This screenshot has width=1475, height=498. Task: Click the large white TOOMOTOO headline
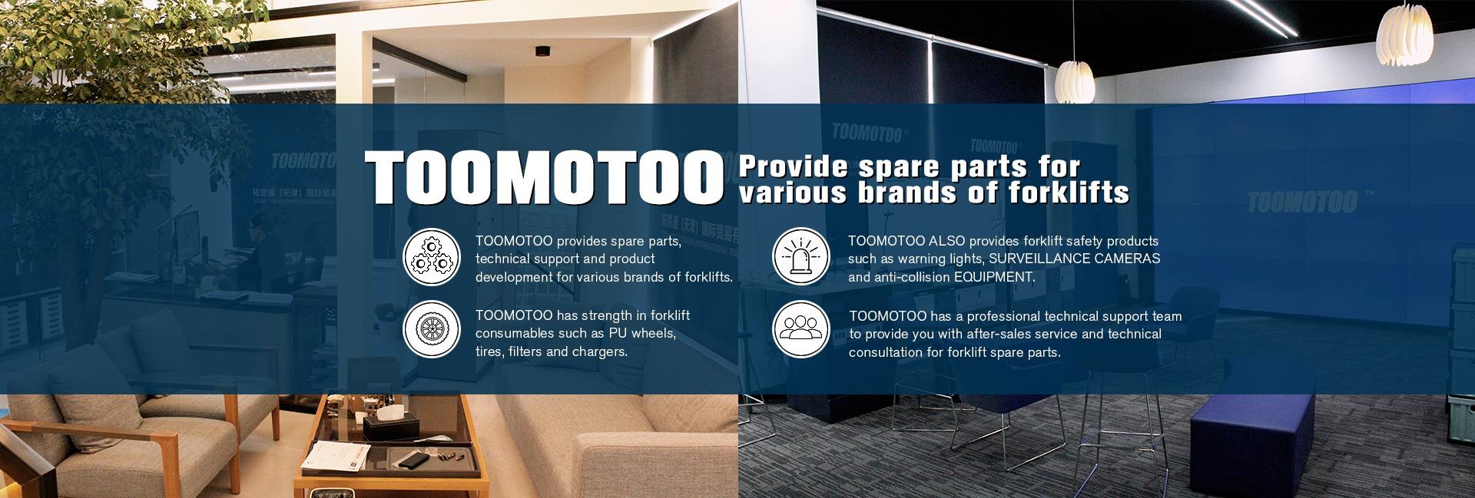click(x=544, y=178)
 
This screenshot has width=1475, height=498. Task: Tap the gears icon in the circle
click(x=432, y=257)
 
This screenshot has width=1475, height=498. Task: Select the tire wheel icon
click(x=432, y=329)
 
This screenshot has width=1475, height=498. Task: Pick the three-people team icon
click(x=800, y=329)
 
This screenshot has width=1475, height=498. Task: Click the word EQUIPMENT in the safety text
click(x=994, y=278)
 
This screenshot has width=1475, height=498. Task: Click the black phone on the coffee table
click(x=412, y=458)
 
